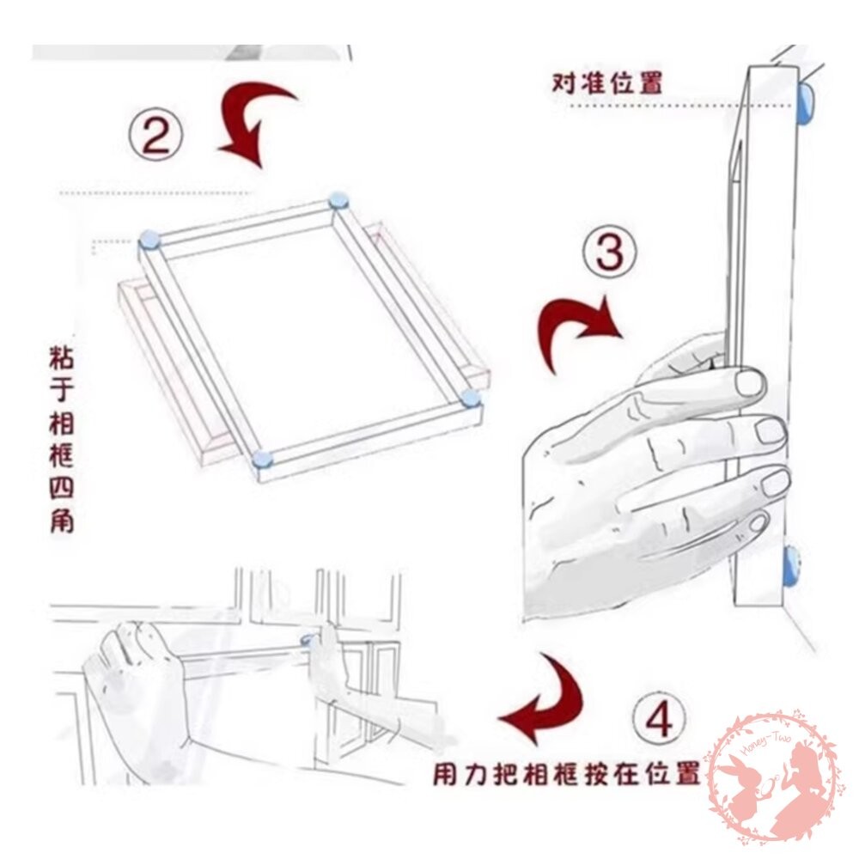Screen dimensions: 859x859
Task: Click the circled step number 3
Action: tap(610, 255)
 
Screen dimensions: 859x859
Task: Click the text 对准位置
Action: tap(607, 84)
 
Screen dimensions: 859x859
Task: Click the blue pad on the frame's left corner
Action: tap(149, 241)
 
